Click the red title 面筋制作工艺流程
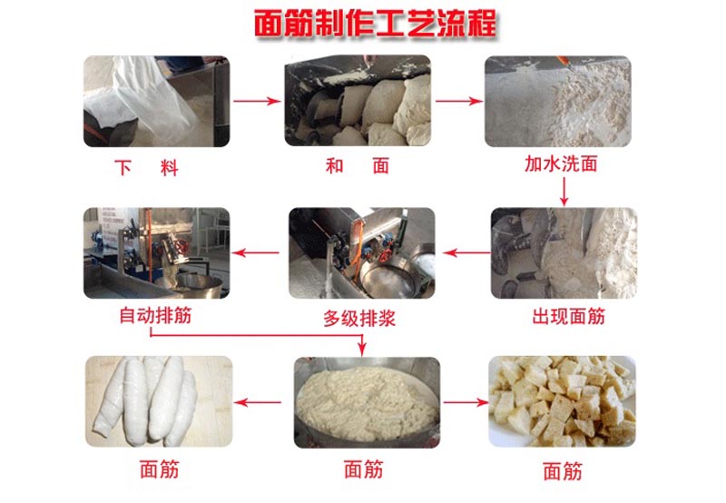click(x=376, y=24)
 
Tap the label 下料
click(x=147, y=167)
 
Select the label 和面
click(x=358, y=166)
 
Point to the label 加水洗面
click(x=561, y=164)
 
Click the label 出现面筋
click(x=569, y=317)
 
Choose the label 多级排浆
click(x=359, y=319)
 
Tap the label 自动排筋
click(x=155, y=315)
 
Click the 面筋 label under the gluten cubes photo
click(x=563, y=471)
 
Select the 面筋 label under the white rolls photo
click(x=160, y=469)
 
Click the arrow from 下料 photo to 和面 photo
click(x=257, y=101)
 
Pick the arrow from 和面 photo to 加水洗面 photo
click(x=459, y=101)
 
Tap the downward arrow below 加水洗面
click(x=564, y=192)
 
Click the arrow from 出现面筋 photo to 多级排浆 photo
click(x=466, y=252)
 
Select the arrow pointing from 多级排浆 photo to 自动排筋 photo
click(x=255, y=252)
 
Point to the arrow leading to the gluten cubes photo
click(x=466, y=402)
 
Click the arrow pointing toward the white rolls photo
click(x=258, y=402)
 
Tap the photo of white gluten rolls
click(x=159, y=401)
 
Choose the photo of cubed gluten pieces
click(x=562, y=401)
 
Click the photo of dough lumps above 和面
click(x=358, y=101)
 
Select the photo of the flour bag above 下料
click(x=156, y=101)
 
